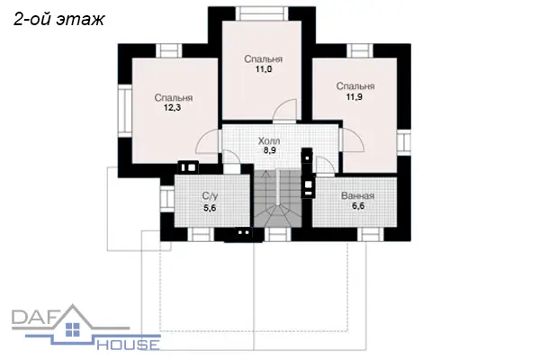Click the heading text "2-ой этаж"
click(58, 19)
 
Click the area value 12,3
click(172, 108)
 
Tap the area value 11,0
click(264, 69)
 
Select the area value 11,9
click(355, 97)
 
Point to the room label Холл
click(269, 141)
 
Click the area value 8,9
click(270, 150)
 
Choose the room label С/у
click(210, 196)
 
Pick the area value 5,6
click(210, 208)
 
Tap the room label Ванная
click(357, 196)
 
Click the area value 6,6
click(358, 206)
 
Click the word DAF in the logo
click(34, 318)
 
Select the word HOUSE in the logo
click(128, 345)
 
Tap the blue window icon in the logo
click(72, 329)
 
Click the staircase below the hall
click(278, 198)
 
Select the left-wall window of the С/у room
click(167, 199)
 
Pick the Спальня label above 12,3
click(173, 98)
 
